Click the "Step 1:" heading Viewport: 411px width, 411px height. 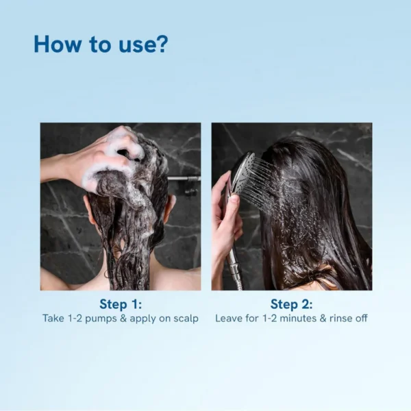(x=120, y=304)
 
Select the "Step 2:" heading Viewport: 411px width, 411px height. (x=291, y=304)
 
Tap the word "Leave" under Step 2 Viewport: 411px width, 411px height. (x=229, y=319)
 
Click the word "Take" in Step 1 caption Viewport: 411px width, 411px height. (x=54, y=319)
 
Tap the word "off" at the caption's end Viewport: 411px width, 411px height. (x=360, y=319)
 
